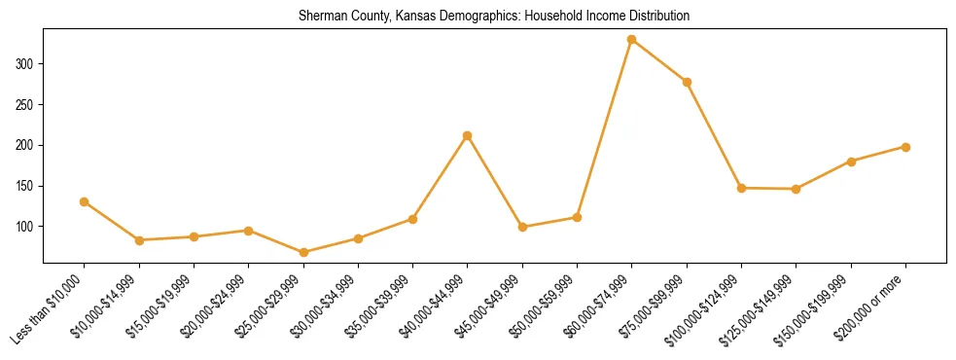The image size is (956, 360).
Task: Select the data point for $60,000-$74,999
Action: (x=632, y=40)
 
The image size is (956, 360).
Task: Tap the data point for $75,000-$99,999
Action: (x=687, y=82)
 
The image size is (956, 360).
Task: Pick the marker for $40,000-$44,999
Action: (x=468, y=135)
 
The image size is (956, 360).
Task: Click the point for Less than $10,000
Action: (x=84, y=201)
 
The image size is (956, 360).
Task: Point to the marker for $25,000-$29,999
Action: (x=303, y=252)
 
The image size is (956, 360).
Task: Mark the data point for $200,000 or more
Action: (x=906, y=147)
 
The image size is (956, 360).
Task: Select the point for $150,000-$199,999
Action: (x=851, y=162)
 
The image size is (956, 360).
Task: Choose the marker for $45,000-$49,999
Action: (x=522, y=227)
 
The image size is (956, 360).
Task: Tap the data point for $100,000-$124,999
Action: (x=742, y=188)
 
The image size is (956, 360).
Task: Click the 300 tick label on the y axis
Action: (x=25, y=64)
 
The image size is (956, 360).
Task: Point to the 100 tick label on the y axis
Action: (x=25, y=227)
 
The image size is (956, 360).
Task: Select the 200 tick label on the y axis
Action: (x=25, y=145)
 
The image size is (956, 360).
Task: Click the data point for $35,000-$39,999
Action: (x=413, y=219)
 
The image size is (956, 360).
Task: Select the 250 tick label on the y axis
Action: (x=25, y=105)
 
